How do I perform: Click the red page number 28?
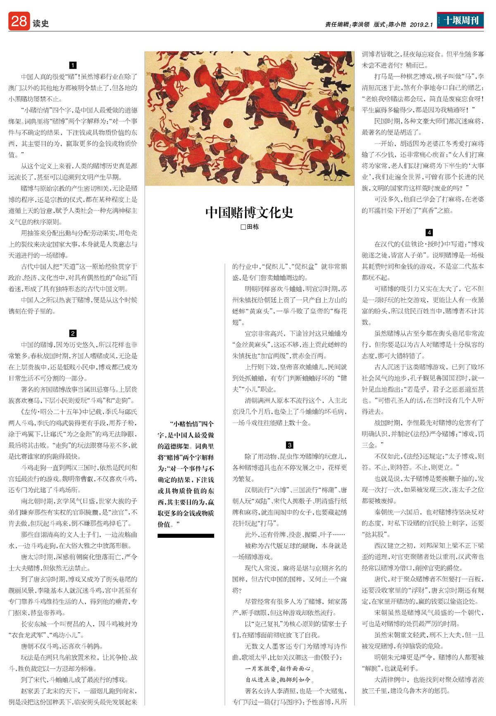pos(19,21)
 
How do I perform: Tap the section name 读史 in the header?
pos(41,24)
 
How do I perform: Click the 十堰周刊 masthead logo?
pos(460,20)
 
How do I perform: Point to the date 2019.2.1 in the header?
pos(421,25)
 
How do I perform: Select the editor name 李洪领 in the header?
pos(360,25)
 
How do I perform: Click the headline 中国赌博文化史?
pos(249,212)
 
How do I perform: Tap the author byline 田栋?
pos(253,227)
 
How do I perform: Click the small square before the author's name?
pos(243,227)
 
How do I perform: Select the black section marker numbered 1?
pos(73,65)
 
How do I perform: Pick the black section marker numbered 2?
pos(73,333)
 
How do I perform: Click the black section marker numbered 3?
pos(289,445)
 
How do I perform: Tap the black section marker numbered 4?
pos(429,232)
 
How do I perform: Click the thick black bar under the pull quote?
pos(186,536)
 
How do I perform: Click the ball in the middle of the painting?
pos(227,122)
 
